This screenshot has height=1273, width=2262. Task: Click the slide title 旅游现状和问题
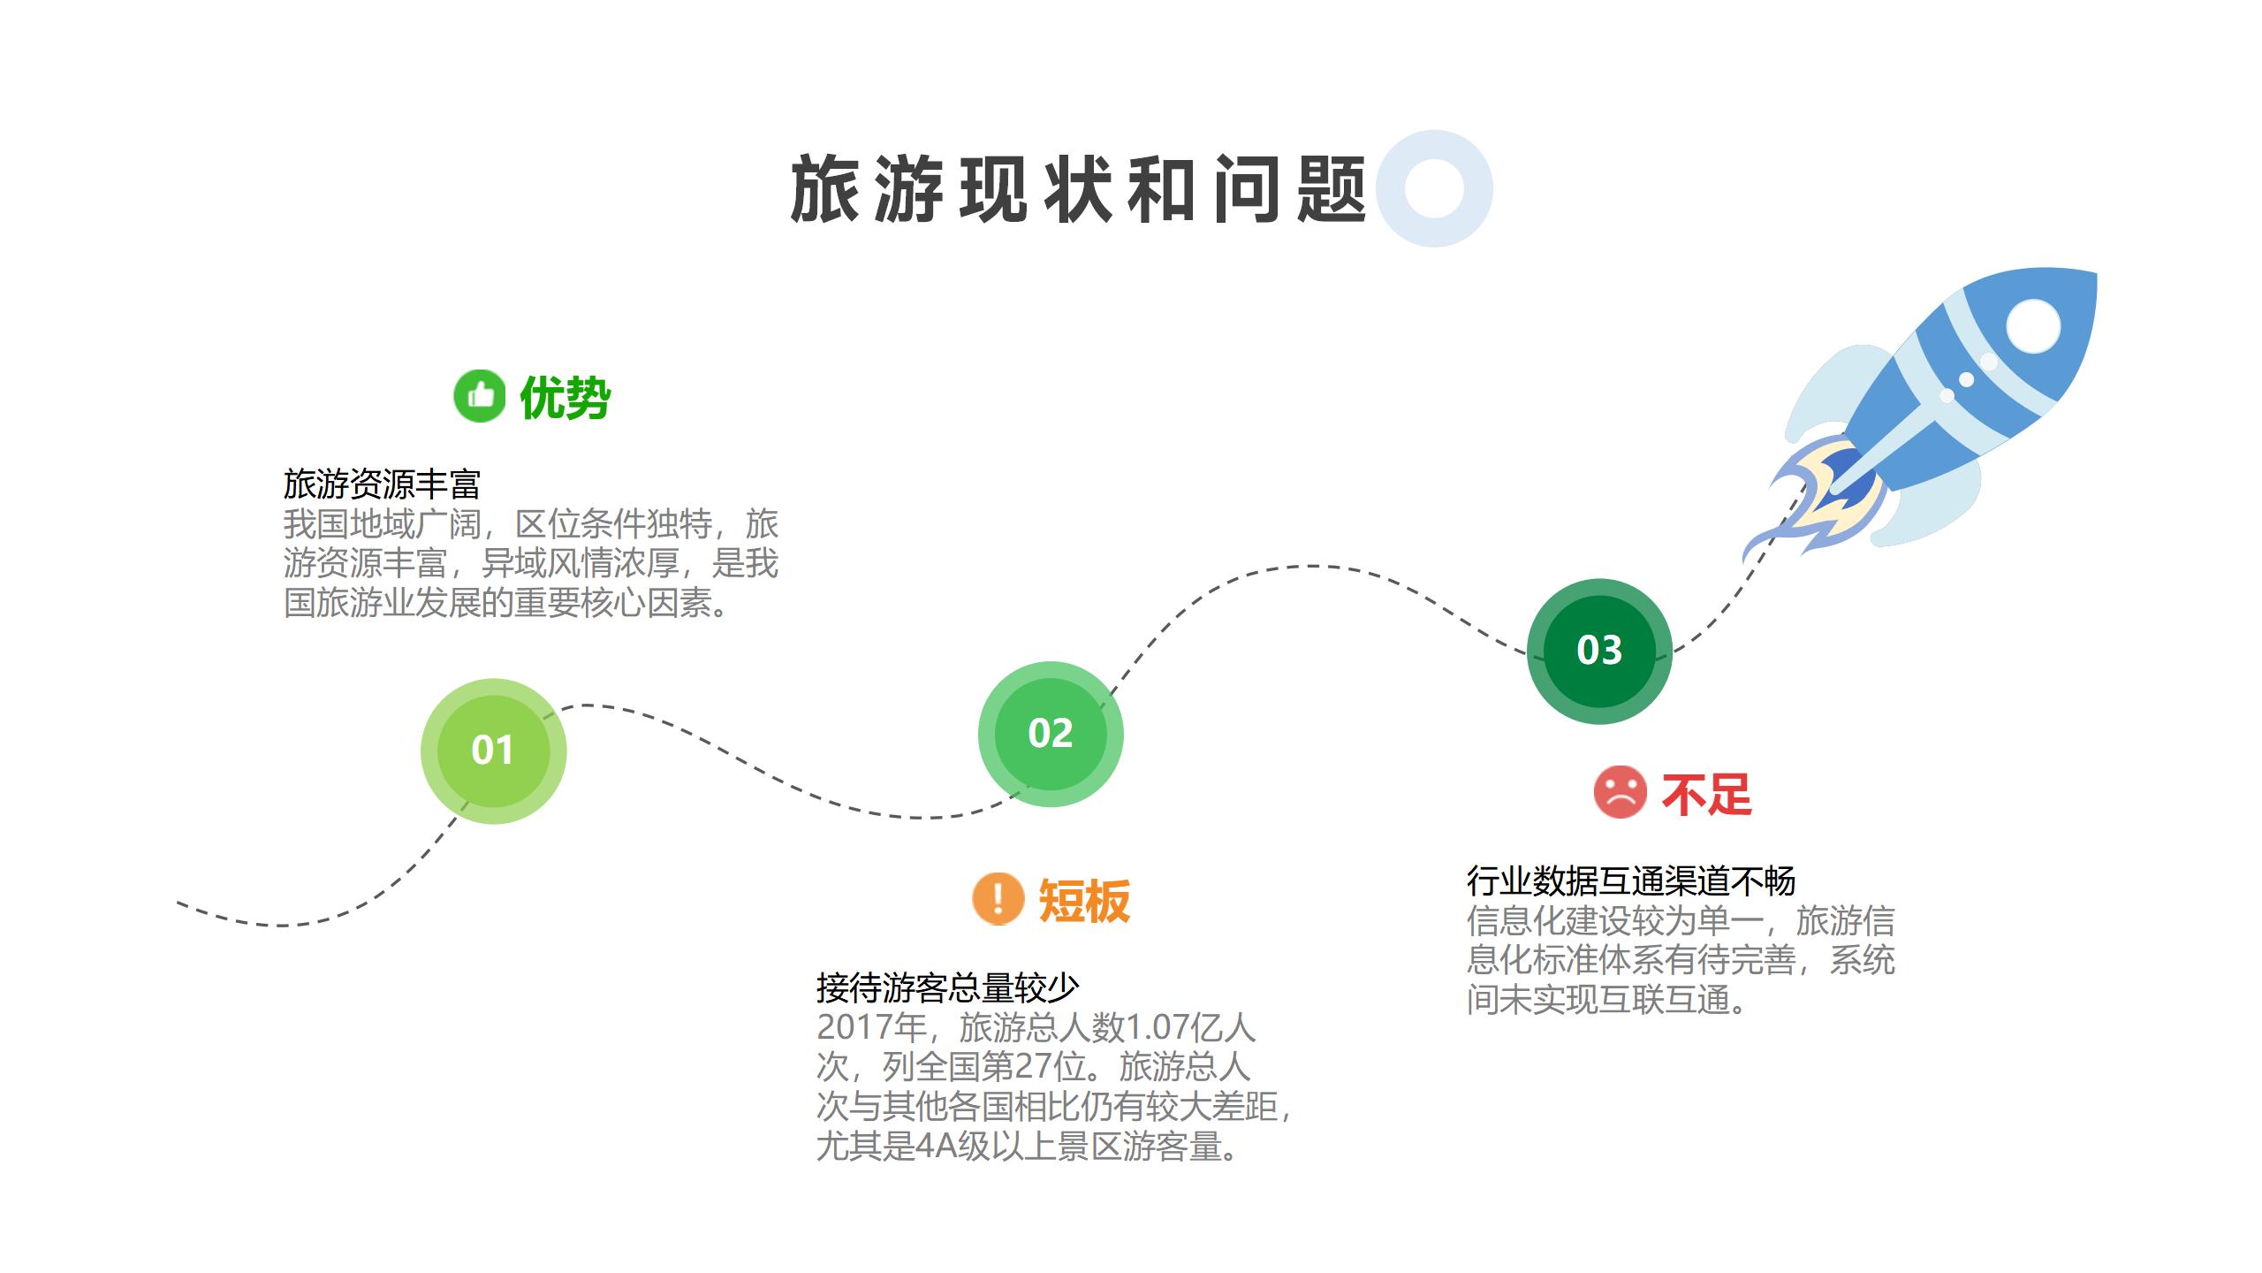[x=1078, y=189]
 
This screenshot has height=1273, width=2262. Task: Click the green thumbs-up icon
[x=480, y=396]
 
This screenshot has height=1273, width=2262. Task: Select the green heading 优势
[x=565, y=398]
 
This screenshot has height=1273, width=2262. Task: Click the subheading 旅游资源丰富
[x=382, y=484]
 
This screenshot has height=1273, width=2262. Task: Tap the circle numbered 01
[x=493, y=751]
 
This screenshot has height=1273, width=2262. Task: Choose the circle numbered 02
[x=1051, y=734]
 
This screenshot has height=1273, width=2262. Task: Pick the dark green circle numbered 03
[x=1599, y=651]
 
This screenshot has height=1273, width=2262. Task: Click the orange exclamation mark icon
[x=998, y=898]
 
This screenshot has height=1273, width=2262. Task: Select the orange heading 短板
[x=1084, y=901]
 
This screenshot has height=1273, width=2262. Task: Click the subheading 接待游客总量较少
[x=947, y=987]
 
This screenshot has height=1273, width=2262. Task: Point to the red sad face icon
[x=1620, y=792]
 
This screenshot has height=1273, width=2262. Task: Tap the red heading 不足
[x=1706, y=794]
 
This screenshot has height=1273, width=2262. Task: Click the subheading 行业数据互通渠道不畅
[x=1631, y=880]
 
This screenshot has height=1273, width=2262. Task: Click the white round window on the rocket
[x=2033, y=326]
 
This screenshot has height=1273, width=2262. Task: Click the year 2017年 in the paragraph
[x=871, y=1027]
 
